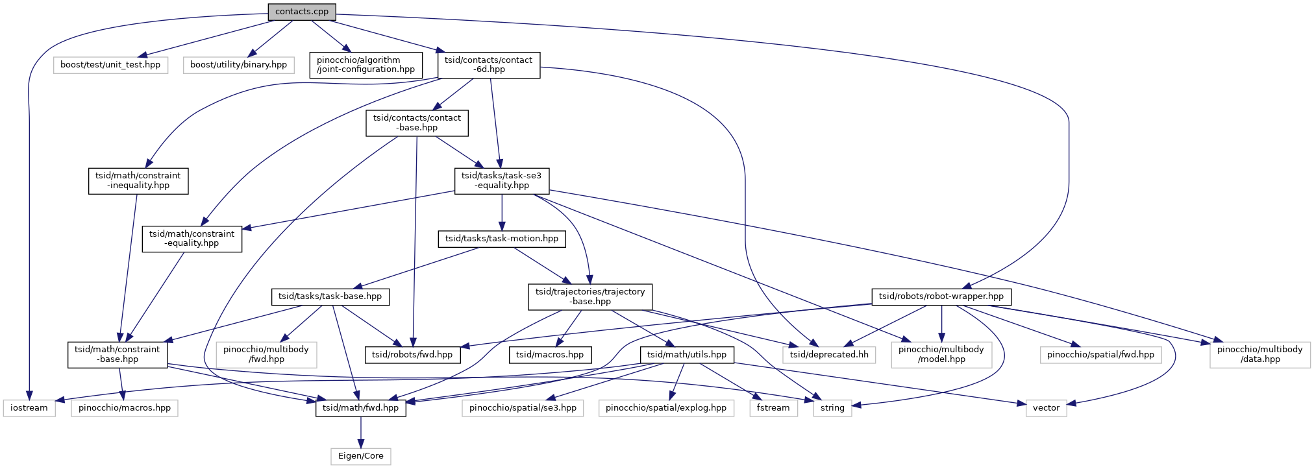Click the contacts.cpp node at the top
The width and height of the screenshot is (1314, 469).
pyautogui.click(x=302, y=12)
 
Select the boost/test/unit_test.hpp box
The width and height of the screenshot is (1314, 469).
pyautogui.click(x=110, y=65)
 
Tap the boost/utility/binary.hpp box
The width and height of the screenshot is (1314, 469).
pyautogui.click(x=239, y=65)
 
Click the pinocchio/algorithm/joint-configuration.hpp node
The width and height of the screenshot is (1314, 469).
pyautogui.click(x=366, y=65)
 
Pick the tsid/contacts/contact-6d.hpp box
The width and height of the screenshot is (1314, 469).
pyautogui.click(x=489, y=65)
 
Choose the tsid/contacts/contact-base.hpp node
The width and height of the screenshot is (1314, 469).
pyautogui.click(x=417, y=123)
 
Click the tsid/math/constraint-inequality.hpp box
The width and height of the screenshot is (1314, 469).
pyautogui.click(x=138, y=180)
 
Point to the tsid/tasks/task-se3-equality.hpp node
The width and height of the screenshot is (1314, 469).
pyautogui.click(x=502, y=180)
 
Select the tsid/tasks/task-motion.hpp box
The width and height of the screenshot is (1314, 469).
pyautogui.click(x=502, y=239)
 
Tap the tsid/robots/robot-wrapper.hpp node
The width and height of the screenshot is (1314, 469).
pyautogui.click(x=941, y=296)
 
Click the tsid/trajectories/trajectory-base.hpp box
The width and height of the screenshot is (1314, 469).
pyautogui.click(x=590, y=296)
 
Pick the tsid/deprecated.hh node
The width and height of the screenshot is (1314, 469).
pyautogui.click(x=829, y=355)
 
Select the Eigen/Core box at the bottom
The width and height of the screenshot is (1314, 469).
pyautogui.click(x=361, y=456)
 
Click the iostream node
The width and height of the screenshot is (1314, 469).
pyautogui.click(x=29, y=408)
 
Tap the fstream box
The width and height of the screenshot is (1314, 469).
pyautogui.click(x=773, y=408)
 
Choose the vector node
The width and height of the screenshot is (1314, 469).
pyautogui.click(x=1046, y=408)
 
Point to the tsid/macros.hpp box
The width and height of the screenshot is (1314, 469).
pyautogui.click(x=550, y=355)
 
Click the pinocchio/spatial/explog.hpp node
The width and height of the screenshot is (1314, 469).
pyautogui.click(x=666, y=408)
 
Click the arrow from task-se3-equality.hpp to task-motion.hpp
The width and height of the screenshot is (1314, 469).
pyautogui.click(x=502, y=212)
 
